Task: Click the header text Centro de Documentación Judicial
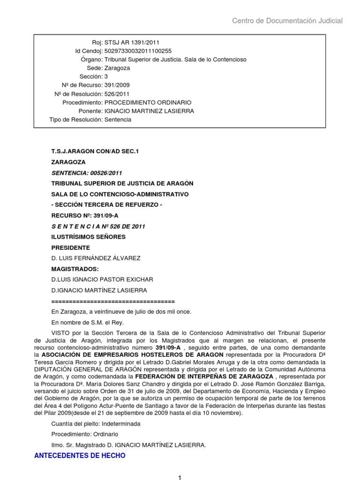(287, 21)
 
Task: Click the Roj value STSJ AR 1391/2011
(128, 43)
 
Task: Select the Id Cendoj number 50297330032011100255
(138, 51)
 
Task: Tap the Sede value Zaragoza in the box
(117, 68)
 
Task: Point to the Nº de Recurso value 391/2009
(117, 85)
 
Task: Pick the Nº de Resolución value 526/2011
(117, 94)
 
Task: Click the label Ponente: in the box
(91, 111)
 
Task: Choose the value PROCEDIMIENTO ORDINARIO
(148, 102)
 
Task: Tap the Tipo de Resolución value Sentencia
(118, 120)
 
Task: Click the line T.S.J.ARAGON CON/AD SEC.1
(92, 152)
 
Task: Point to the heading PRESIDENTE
(70, 247)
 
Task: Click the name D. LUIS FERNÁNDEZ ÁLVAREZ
(96, 258)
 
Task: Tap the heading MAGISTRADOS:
(75, 269)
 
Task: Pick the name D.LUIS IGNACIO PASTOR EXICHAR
(102, 279)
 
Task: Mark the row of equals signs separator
(112, 301)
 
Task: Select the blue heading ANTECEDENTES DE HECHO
(80, 455)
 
